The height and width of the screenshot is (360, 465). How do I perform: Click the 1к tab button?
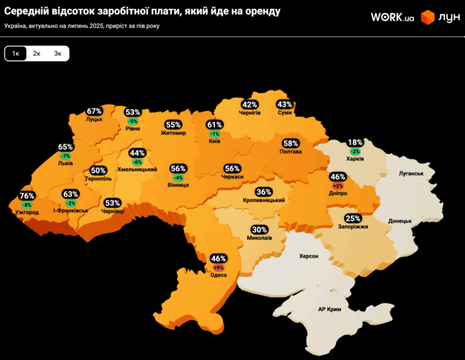(x=16, y=53)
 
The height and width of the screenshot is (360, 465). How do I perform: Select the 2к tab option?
(x=37, y=53)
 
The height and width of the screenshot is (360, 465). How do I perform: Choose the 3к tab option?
(x=58, y=53)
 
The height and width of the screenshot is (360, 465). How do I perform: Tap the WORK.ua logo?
(x=392, y=17)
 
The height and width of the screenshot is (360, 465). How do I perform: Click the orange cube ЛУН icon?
(x=428, y=17)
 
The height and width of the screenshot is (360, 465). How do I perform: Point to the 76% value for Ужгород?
(x=27, y=196)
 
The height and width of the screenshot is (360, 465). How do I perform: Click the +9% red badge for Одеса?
(x=218, y=268)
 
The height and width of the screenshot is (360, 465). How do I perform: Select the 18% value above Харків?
(x=355, y=142)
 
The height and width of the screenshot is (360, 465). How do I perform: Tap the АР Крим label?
(x=329, y=309)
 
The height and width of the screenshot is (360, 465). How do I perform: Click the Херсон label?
(x=309, y=256)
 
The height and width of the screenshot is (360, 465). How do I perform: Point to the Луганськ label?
(x=411, y=173)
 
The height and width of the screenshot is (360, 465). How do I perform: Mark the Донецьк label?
(x=400, y=221)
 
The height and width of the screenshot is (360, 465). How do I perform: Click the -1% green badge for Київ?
(x=215, y=134)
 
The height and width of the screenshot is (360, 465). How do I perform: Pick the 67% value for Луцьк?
(x=94, y=111)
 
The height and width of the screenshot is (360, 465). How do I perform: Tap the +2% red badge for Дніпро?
(x=338, y=186)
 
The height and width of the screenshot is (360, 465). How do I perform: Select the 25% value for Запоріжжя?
(x=353, y=218)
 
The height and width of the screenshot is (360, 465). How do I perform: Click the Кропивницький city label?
(x=264, y=200)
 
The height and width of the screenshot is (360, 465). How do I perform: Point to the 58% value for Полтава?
(x=291, y=143)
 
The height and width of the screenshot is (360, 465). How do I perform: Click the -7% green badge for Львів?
(x=65, y=156)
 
